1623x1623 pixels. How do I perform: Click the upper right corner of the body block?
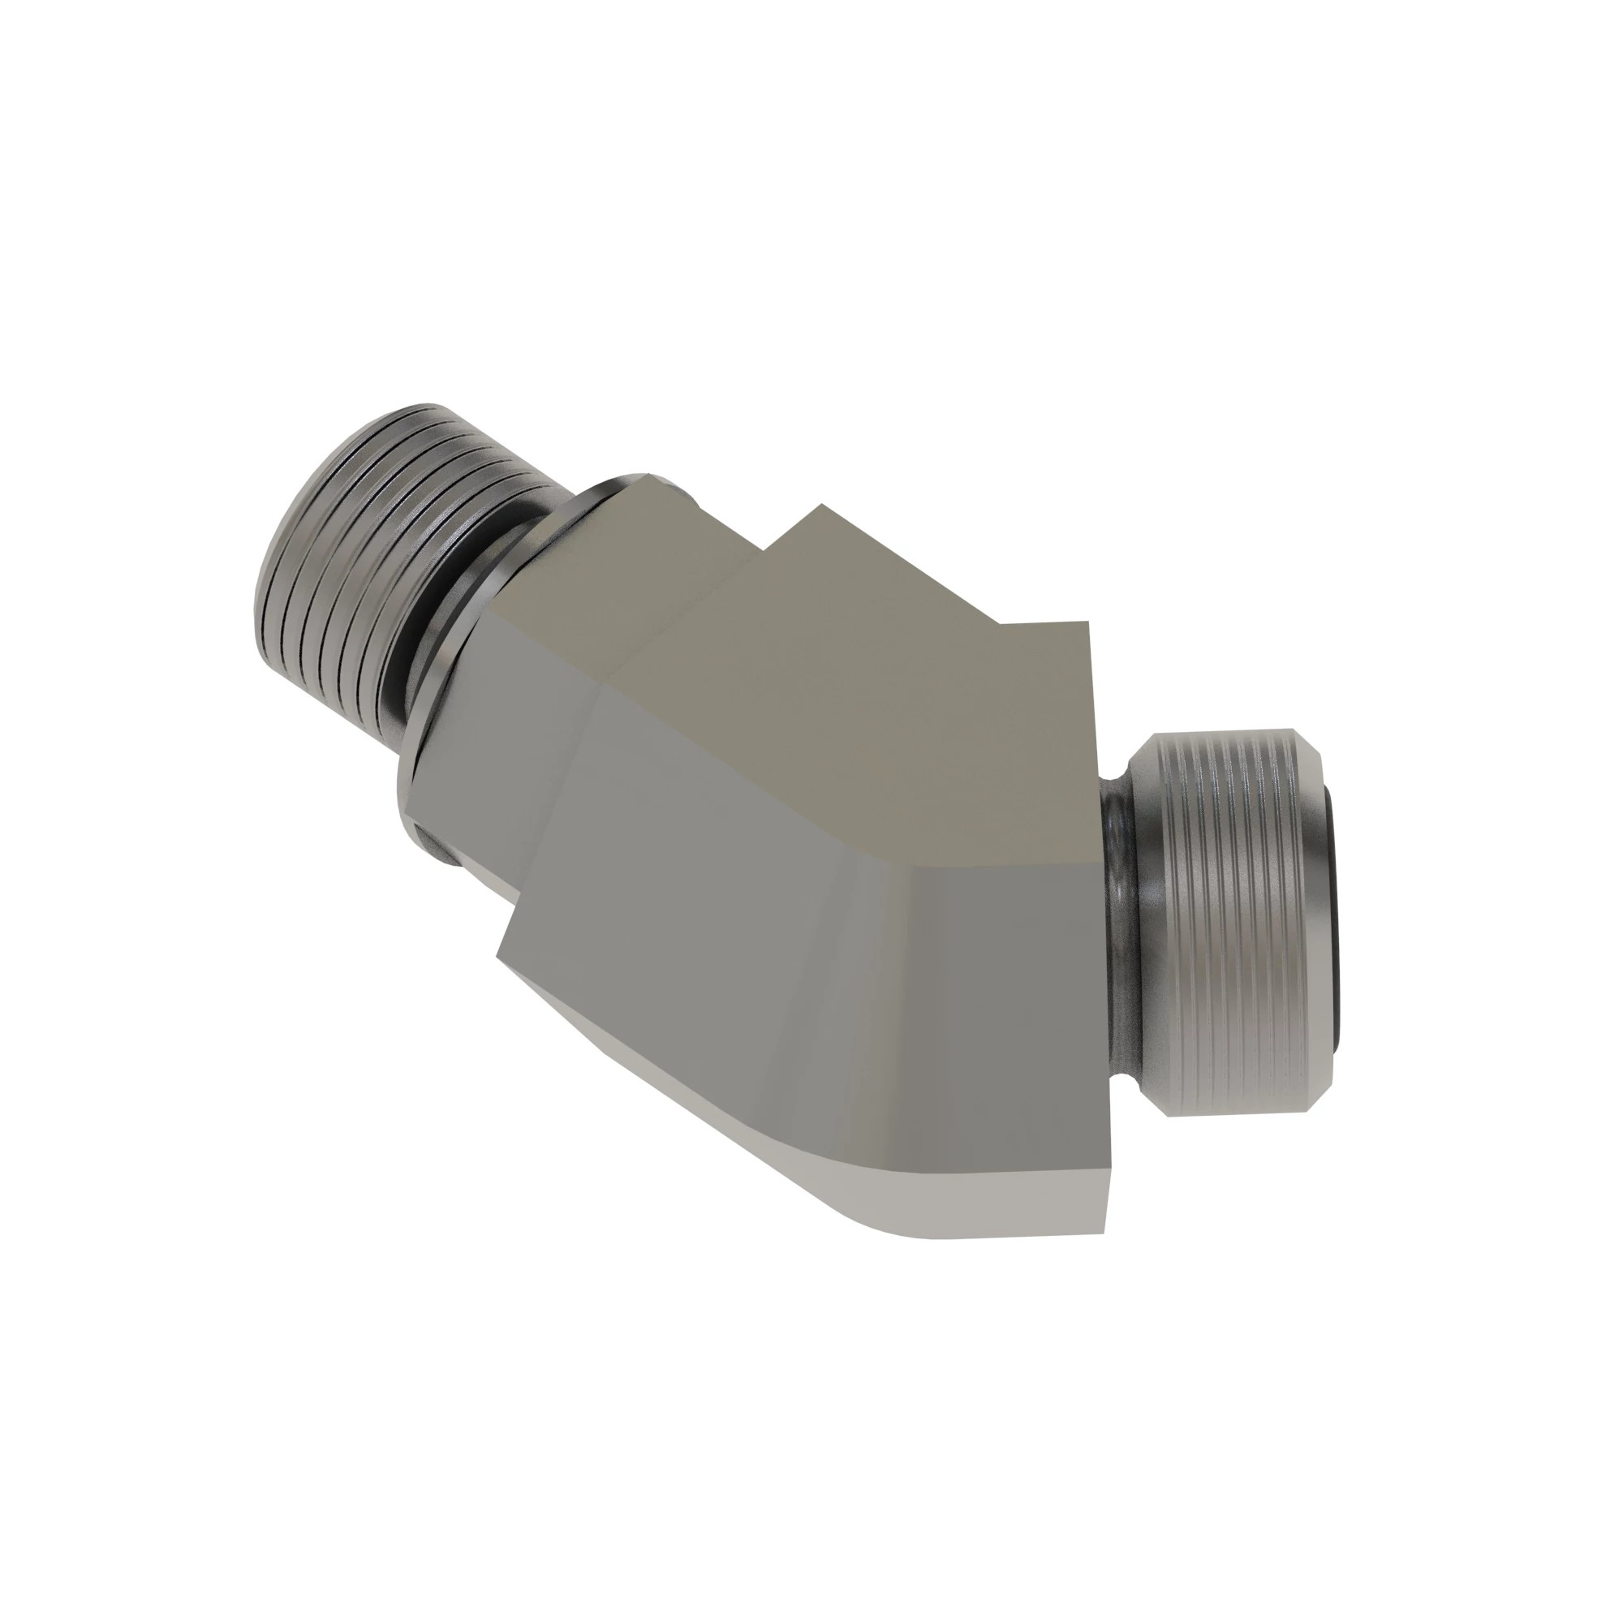pyautogui.click(x=1088, y=622)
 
